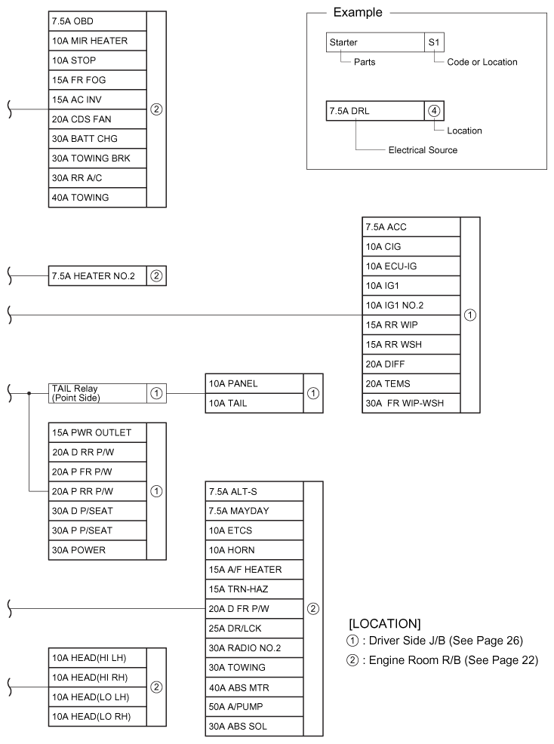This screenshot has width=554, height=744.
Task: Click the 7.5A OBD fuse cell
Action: [96, 20]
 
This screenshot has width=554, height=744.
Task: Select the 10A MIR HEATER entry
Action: [96, 40]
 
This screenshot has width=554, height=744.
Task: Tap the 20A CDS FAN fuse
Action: [96, 118]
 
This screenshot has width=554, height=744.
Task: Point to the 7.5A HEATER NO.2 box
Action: [96, 276]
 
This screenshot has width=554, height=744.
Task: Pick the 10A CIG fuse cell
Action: [411, 247]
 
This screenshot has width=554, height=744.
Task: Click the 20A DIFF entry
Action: [411, 364]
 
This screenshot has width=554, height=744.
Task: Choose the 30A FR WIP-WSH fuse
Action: [411, 403]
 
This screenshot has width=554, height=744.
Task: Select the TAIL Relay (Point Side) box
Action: [96, 393]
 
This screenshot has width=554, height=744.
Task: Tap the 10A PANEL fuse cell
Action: [254, 383]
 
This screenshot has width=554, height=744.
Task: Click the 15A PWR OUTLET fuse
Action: [96, 432]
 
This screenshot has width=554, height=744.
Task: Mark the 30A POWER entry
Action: [96, 550]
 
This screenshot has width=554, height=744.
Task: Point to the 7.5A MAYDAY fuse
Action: [254, 511]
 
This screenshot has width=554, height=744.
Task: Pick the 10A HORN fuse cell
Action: [254, 550]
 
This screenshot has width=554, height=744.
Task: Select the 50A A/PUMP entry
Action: [254, 707]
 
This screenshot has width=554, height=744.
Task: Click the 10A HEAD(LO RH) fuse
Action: [96, 716]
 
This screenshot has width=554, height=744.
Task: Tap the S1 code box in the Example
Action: [434, 43]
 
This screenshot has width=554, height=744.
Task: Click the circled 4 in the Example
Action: [434, 110]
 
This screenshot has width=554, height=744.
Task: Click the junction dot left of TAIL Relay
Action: [29, 393]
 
